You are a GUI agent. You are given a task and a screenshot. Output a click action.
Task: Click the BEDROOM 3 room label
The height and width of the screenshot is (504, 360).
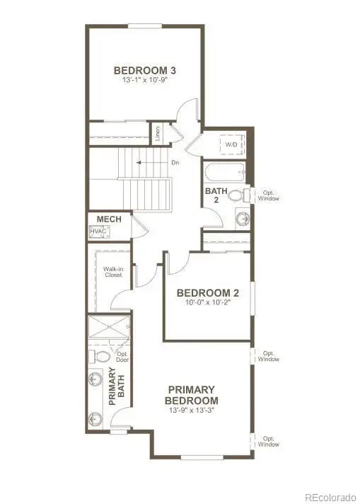pos(145,70)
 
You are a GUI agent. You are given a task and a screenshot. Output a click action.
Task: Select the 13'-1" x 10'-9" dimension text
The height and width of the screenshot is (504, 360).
pos(145,80)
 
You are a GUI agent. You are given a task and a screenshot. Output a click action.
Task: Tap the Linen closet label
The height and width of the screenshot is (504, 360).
pos(157,134)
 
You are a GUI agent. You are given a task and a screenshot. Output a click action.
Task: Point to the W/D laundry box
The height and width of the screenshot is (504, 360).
pos(232,144)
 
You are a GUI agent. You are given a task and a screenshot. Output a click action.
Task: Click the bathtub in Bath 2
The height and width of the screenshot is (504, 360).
pos(225,173)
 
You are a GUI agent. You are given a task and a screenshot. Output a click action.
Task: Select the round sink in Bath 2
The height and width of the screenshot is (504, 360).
pos(243,219)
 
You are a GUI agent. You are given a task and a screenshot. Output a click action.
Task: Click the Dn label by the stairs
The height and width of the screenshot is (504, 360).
pos(175,163)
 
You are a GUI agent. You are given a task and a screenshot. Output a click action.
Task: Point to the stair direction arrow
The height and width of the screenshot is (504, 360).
pos(153,163)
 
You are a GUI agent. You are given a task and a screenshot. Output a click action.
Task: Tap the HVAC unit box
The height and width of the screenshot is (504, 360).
pos(98,231)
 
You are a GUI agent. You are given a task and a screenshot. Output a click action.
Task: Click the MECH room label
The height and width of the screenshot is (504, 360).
pos(109,219)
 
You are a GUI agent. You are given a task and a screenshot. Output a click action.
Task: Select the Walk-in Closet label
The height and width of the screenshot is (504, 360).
pos(113,272)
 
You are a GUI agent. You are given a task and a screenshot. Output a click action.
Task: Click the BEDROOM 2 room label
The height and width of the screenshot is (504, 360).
pos(208,293)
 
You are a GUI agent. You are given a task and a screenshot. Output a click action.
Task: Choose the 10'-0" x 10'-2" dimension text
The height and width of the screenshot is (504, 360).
pos(208,302)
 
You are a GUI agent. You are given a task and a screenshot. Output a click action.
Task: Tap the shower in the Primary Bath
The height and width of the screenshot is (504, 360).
pos(109,327)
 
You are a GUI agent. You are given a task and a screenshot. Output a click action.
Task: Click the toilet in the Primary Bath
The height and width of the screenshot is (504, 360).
pos(100,356)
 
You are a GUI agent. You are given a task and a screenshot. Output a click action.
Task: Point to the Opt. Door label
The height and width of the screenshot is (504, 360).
pos(122,357)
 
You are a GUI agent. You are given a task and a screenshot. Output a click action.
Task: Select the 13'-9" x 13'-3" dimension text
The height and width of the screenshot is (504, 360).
pos(192,411)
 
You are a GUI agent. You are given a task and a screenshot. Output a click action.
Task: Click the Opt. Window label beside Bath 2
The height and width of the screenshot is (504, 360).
pos(269,196)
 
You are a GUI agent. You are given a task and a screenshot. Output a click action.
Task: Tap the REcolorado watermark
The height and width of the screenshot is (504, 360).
pos(330,497)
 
